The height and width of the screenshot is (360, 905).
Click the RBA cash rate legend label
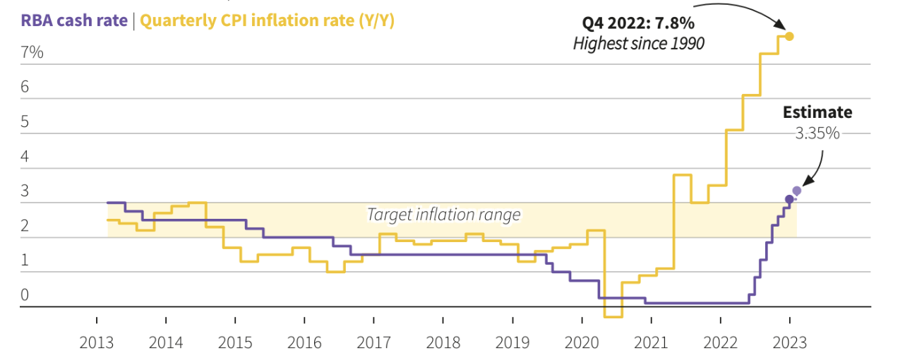coord(73,20)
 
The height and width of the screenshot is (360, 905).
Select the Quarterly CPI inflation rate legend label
coord(267,20)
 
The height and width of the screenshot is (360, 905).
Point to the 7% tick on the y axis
coord(32,52)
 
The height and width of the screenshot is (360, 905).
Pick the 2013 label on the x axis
coord(97,343)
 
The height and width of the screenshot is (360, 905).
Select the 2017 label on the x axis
coord(373,343)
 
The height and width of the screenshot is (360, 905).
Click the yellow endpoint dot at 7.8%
coord(789,36)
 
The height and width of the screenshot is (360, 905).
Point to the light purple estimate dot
coord(797,191)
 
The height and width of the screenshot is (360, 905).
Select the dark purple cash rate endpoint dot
coord(789,199)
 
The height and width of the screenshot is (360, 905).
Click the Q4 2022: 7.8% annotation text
coord(638,23)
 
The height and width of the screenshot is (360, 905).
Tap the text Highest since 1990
coord(638,44)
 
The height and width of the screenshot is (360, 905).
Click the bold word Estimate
coord(817,112)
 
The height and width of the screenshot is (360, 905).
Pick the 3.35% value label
coord(817,133)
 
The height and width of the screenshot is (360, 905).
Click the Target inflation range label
coord(443,215)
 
